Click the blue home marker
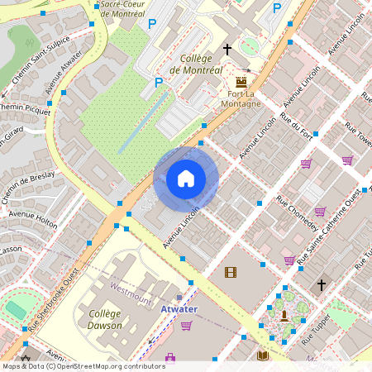click(x=186, y=179)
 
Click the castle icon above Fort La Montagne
click(x=241, y=82)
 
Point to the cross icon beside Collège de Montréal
click(x=227, y=50)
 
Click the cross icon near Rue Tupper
click(x=322, y=285)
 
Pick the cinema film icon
click(x=230, y=272)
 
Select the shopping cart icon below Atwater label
click(x=186, y=325)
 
